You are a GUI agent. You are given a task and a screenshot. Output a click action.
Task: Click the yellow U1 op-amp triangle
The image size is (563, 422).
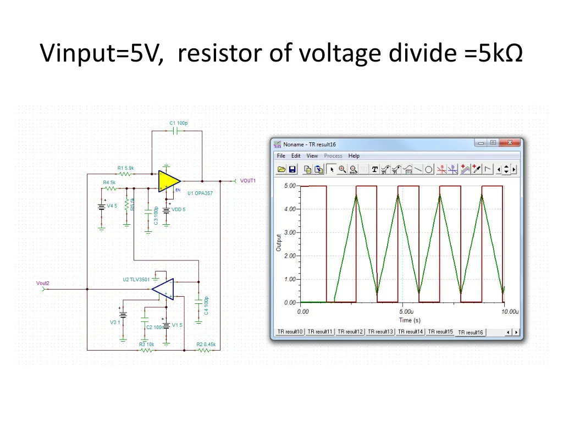168,181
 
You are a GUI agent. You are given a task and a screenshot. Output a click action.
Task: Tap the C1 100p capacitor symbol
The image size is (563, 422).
176,131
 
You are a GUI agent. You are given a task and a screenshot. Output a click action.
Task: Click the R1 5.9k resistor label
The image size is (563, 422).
125,168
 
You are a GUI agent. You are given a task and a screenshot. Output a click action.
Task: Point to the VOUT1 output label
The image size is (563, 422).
248,181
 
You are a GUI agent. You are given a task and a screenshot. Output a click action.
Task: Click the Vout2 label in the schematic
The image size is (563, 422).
43,284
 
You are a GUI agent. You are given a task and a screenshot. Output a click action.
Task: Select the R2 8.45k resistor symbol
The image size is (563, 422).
205,349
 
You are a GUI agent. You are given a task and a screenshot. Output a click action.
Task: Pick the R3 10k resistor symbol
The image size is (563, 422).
146,349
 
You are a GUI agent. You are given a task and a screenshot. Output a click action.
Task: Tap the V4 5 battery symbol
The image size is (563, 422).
101,207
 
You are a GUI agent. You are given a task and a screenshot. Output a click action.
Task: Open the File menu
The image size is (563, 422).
281,156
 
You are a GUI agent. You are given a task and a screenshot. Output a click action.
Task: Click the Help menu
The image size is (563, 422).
354,156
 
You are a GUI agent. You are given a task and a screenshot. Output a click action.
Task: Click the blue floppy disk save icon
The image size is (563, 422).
292,169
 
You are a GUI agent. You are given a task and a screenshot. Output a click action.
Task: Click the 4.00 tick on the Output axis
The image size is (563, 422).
290,209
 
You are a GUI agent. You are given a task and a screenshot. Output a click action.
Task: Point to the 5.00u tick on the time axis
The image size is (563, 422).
406,312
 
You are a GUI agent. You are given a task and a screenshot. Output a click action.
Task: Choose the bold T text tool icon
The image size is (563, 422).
375,169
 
